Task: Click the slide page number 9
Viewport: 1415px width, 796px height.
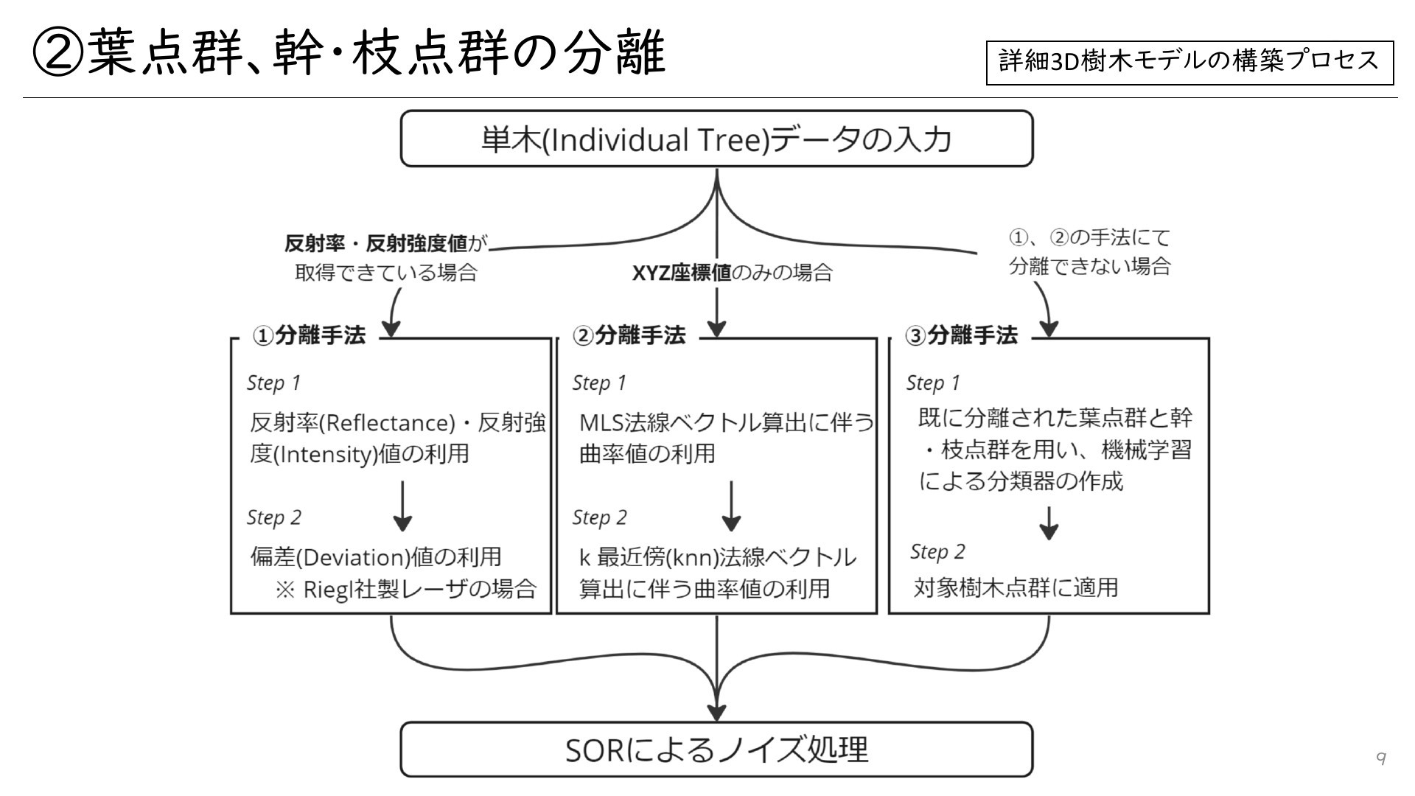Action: pos(1381,758)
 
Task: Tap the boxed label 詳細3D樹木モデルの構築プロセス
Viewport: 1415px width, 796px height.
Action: pos(1189,62)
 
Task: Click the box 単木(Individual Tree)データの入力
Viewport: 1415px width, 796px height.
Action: pos(716,139)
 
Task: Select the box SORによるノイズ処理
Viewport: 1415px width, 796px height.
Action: pos(716,750)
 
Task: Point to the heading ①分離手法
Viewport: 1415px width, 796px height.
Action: pos(309,336)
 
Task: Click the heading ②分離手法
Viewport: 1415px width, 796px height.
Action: pos(629,336)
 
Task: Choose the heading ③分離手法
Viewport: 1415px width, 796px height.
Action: pos(962,336)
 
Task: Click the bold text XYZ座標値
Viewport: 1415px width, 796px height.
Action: pos(682,273)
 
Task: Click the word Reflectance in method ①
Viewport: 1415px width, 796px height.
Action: pos(389,423)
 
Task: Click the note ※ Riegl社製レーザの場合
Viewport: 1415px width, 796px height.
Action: pos(405,590)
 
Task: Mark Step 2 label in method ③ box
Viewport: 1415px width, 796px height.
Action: pos(937,552)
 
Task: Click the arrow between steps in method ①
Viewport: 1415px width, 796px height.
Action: pos(402,506)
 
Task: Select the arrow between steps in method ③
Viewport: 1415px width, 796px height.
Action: pos(1049,523)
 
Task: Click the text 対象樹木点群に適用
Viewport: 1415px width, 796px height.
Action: pos(1016,587)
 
